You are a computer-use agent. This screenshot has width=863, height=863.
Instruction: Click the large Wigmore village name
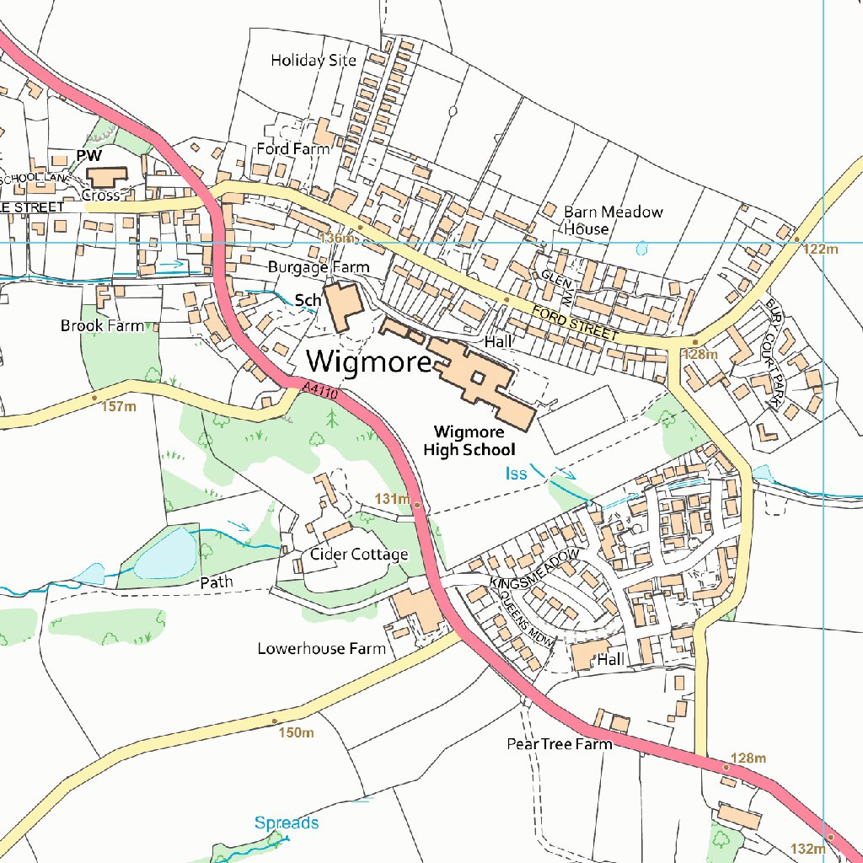click(x=369, y=361)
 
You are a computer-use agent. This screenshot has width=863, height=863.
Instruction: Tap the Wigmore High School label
click(x=469, y=441)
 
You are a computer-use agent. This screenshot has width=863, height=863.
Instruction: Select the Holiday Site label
click(x=314, y=61)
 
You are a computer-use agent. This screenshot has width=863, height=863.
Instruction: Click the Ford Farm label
click(x=293, y=149)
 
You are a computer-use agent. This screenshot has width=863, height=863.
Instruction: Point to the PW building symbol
click(x=106, y=178)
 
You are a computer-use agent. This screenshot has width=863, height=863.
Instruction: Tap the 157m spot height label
click(x=118, y=407)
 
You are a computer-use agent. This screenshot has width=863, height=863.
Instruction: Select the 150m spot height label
click(x=295, y=732)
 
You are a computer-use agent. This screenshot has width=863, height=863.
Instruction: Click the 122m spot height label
click(x=821, y=249)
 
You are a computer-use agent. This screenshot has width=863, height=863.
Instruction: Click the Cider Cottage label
click(x=359, y=554)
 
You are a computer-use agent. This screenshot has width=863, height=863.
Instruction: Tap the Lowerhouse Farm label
click(x=321, y=648)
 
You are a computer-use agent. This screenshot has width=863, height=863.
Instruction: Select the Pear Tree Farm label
click(x=559, y=744)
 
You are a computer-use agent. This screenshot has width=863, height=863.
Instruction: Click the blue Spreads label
click(x=287, y=822)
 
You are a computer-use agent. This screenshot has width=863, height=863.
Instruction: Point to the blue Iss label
click(x=516, y=474)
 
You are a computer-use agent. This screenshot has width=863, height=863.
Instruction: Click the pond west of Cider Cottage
click(x=166, y=553)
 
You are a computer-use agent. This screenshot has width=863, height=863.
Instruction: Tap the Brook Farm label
click(x=102, y=325)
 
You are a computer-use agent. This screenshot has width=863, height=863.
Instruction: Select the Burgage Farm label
click(x=319, y=267)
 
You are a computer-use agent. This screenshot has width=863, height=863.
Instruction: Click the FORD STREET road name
click(x=575, y=324)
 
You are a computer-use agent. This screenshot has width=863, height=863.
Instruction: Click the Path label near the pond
click(x=215, y=582)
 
